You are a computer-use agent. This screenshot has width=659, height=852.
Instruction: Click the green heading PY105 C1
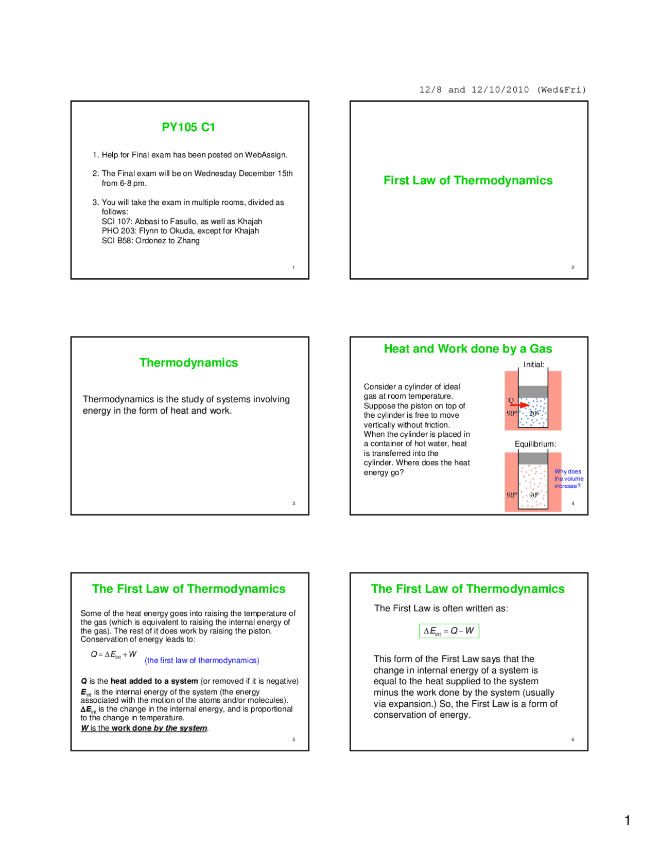tap(188, 127)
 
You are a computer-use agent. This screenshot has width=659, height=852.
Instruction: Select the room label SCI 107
tap(116, 221)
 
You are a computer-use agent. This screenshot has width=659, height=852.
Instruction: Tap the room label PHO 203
tap(118, 230)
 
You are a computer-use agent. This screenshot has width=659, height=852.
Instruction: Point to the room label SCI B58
tap(116, 240)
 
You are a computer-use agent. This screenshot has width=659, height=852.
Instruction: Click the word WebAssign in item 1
tap(266, 155)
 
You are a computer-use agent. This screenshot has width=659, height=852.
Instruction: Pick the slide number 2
tap(573, 267)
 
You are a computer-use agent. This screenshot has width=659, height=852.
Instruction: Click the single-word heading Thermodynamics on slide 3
tap(188, 363)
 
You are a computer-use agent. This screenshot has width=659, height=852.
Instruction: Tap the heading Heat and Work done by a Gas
tap(467, 349)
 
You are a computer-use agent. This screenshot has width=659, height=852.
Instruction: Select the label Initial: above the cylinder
tap(534, 364)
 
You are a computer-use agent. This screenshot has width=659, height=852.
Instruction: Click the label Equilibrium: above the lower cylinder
tap(535, 444)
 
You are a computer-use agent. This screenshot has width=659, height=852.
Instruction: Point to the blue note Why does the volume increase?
tap(568, 478)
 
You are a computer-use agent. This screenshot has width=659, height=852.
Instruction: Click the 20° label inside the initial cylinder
tap(534, 413)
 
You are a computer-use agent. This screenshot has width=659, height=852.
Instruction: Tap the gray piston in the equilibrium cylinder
tap(533, 458)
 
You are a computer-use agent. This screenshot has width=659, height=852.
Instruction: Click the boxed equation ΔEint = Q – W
tap(449, 631)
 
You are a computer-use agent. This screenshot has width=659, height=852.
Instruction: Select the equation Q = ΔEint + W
tap(113, 654)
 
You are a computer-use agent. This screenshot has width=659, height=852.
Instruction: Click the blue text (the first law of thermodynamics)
tap(202, 660)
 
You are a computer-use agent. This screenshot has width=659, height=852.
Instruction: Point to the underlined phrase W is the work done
tap(144, 728)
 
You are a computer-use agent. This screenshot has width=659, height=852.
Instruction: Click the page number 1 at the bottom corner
tap(627, 821)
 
